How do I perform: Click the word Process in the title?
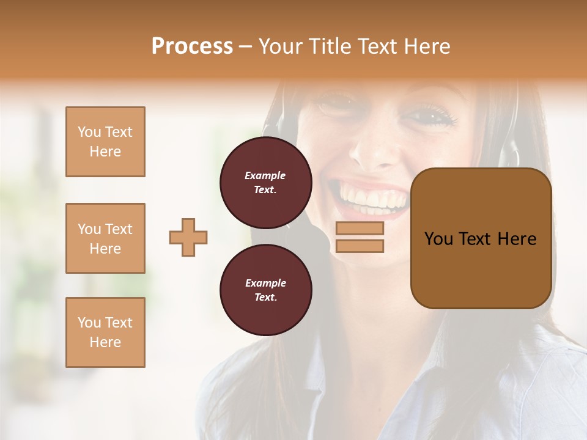click(192, 46)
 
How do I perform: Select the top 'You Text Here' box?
click(105, 142)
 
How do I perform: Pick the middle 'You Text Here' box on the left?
click(105, 238)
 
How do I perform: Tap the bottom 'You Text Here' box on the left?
click(105, 332)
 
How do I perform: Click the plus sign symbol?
click(188, 237)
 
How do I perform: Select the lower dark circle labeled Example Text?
click(265, 290)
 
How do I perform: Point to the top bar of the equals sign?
click(360, 228)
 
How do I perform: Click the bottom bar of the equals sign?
click(360, 246)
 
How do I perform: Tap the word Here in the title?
click(428, 46)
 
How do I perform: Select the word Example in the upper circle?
click(265, 175)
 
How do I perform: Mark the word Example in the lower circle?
click(265, 283)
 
